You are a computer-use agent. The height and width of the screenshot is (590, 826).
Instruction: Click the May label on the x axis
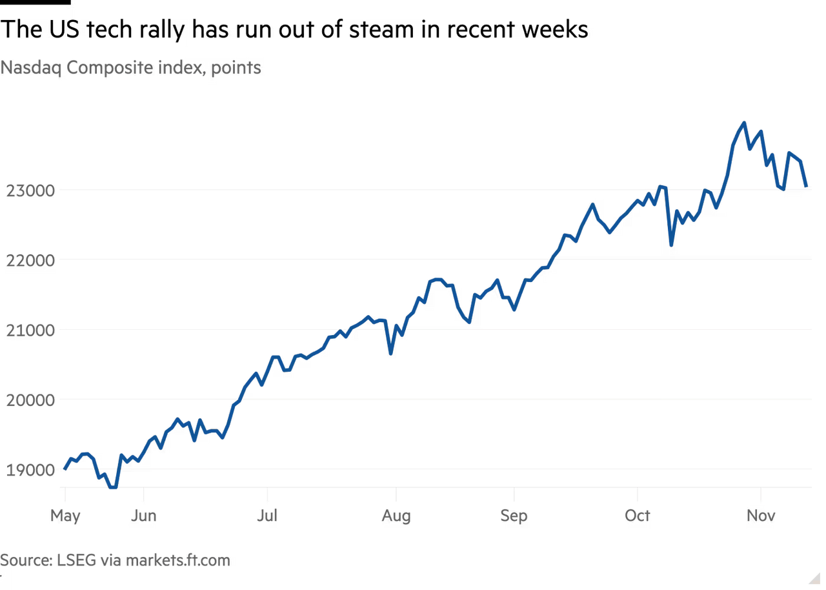point(65,516)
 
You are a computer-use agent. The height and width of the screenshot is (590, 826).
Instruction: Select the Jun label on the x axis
point(144,516)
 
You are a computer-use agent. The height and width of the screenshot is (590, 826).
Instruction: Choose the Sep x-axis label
point(514,516)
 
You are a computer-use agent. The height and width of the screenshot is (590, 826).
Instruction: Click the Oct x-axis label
point(637,516)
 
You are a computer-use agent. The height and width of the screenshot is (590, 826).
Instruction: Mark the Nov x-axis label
point(762,516)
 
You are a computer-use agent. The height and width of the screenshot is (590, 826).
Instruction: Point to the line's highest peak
point(744,121)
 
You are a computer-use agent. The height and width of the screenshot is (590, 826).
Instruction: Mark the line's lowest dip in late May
point(113,488)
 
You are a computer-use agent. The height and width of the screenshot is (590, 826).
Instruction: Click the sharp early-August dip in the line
point(390,353)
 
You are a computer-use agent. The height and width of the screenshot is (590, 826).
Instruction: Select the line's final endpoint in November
point(807,187)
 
